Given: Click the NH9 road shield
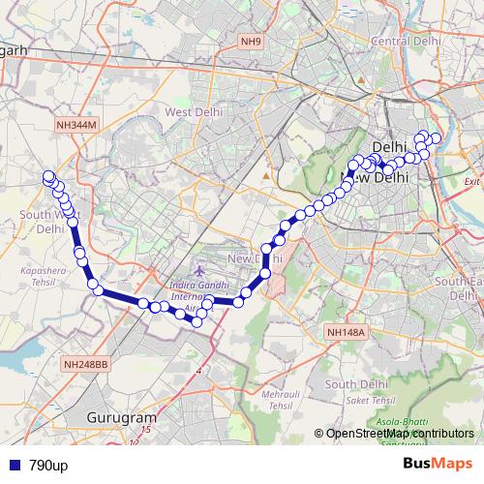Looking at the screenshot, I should click(x=252, y=41).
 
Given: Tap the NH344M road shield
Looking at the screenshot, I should click(x=76, y=125).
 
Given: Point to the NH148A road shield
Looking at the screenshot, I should click(x=346, y=332).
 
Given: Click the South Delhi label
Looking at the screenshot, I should click(x=357, y=384).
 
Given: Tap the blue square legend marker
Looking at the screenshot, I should click(x=14, y=466).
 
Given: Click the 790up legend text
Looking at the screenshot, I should click(x=48, y=466).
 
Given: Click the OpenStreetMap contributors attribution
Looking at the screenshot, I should click(x=401, y=434).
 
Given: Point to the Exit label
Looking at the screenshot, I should click(x=471, y=181).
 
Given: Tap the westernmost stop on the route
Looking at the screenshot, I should click(x=47, y=176).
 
